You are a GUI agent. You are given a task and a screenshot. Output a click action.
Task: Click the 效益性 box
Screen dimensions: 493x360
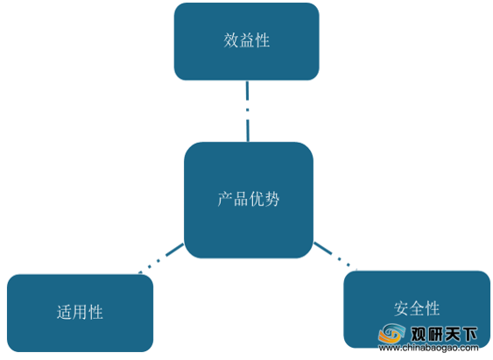pyautogui.click(x=247, y=41)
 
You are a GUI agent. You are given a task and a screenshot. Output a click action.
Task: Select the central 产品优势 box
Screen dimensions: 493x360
pyautogui.click(x=249, y=201)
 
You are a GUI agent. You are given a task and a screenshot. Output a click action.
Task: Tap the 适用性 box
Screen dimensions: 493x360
pyautogui.click(x=81, y=314)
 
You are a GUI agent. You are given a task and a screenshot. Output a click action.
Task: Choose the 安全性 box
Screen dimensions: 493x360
pyautogui.click(x=417, y=310)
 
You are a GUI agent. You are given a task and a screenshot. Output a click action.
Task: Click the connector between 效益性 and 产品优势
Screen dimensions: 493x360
pyautogui.click(x=248, y=111)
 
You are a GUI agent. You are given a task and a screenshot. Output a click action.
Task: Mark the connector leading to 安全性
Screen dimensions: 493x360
pyautogui.click(x=335, y=256)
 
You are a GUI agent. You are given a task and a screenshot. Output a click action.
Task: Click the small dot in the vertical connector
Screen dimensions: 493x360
pyautogui.click(x=248, y=109)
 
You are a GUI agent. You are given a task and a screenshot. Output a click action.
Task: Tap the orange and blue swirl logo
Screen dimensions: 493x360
pyautogui.click(x=391, y=333)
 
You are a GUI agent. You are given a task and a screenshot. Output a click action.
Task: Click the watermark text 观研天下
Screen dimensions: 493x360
pyautogui.click(x=444, y=334)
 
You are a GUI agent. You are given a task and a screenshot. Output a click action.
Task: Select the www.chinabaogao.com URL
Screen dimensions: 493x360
pyautogui.click(x=428, y=348)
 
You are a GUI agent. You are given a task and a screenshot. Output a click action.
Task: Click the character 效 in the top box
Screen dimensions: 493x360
pyautogui.click(x=231, y=40)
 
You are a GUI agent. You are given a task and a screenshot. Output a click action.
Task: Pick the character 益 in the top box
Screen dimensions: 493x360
pyautogui.click(x=247, y=40)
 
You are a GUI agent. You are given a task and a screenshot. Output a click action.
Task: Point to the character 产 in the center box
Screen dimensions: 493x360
pyautogui.click(x=225, y=199)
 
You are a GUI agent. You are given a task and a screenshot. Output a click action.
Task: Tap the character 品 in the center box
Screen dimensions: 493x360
pyautogui.click(x=241, y=199)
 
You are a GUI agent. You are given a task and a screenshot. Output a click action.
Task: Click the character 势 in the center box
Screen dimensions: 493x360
pyautogui.click(x=272, y=199)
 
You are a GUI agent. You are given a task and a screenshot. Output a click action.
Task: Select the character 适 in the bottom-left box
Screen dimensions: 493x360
pyautogui.click(x=64, y=312)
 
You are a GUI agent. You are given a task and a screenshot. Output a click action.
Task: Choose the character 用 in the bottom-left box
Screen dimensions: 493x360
pyautogui.click(x=80, y=312)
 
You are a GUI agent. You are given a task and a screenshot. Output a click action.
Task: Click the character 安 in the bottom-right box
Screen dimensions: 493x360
pyautogui.click(x=401, y=308)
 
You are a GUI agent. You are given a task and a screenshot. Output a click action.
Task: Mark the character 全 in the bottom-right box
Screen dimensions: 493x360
pyautogui.click(x=417, y=308)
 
